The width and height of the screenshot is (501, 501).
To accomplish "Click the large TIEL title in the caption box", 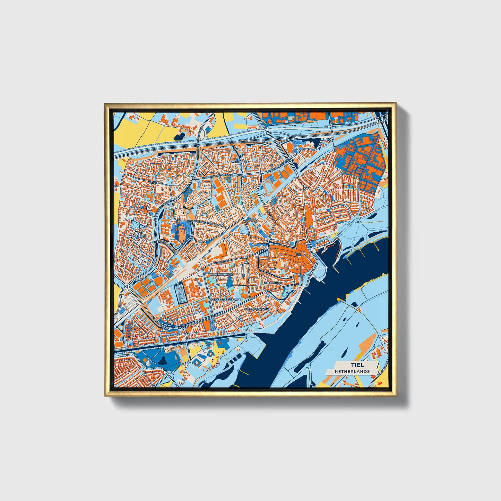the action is point(357,365).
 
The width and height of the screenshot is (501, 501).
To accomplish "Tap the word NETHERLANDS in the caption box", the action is point(352,371).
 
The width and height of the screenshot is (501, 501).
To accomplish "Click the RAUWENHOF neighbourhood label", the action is point(137,236).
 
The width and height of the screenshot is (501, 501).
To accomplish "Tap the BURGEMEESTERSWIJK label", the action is point(225,299).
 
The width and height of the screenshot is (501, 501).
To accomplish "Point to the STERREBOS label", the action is point(274,283).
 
